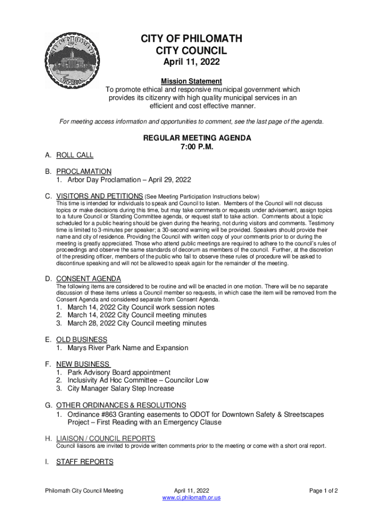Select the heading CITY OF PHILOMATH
point(191,39)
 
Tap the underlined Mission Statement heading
point(191,81)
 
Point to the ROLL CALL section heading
point(75,155)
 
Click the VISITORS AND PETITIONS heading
point(99,196)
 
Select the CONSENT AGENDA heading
point(89,278)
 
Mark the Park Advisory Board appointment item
point(112,373)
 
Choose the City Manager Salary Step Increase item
point(120,388)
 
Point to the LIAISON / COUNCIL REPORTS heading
point(105,438)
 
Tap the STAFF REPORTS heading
point(85,462)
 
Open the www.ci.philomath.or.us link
point(191,498)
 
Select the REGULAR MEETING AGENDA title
point(197,138)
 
